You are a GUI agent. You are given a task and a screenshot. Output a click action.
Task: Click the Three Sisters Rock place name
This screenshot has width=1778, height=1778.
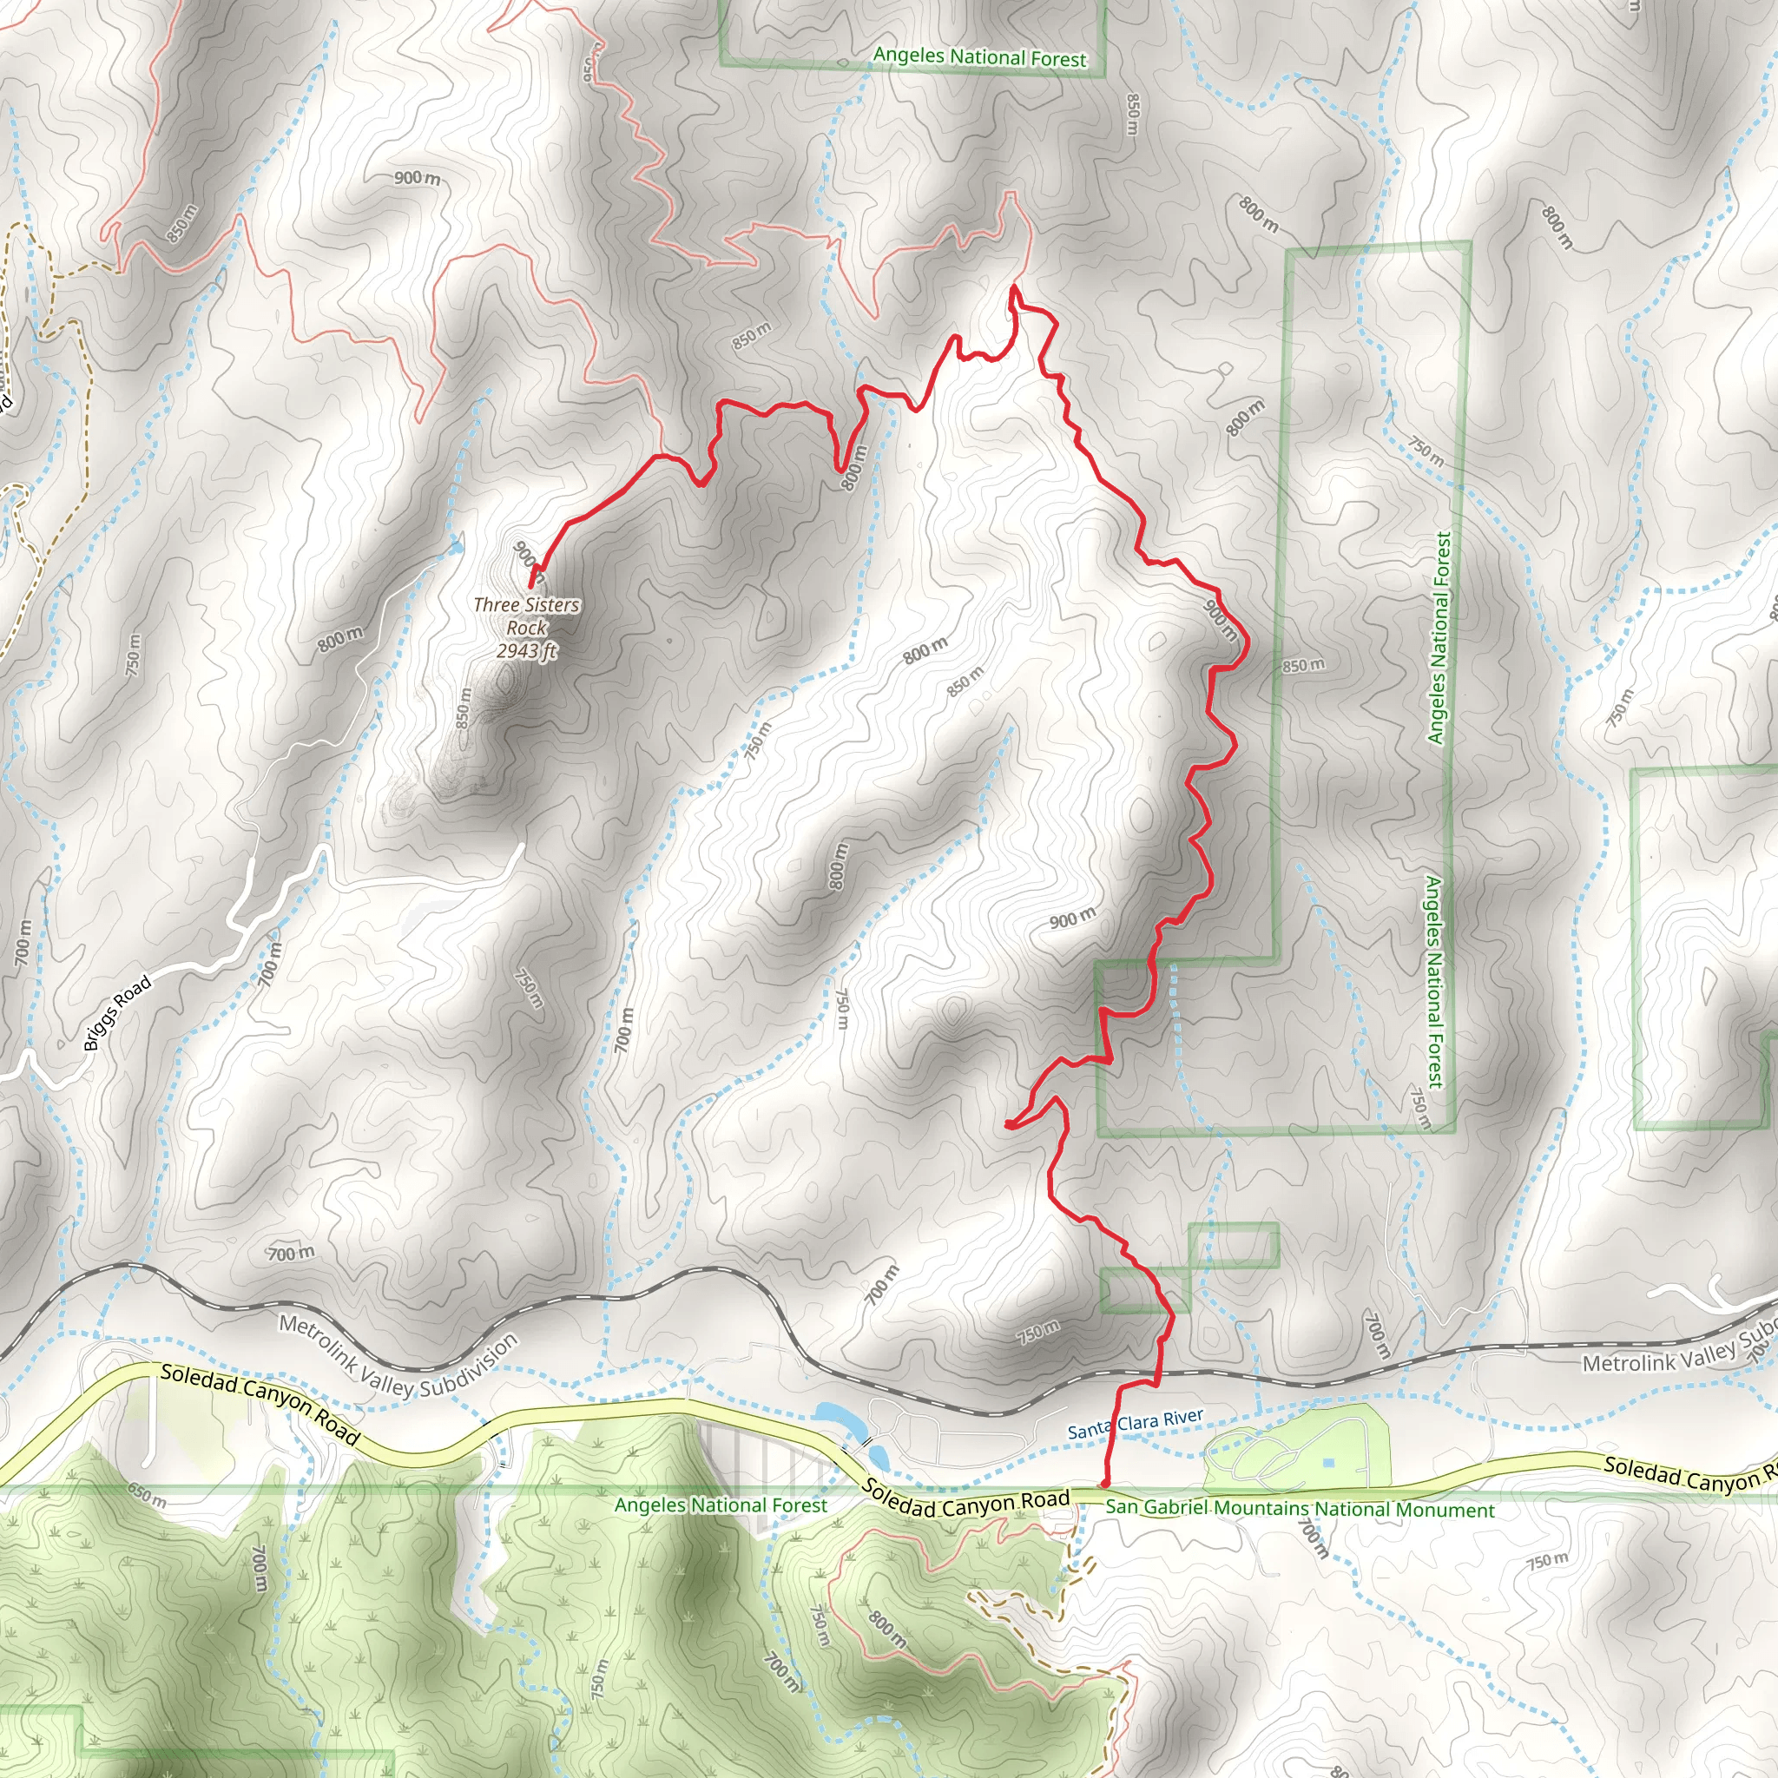tap(526, 616)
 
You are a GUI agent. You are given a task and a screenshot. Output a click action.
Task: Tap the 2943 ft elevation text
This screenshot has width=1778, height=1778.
tap(526, 650)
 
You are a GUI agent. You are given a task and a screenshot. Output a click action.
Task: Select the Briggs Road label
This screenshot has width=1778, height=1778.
tap(117, 1014)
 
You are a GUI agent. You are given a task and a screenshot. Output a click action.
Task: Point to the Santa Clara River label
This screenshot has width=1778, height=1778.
tap(1135, 1424)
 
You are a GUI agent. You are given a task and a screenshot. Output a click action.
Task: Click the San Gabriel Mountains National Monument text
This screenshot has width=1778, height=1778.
tap(1300, 1509)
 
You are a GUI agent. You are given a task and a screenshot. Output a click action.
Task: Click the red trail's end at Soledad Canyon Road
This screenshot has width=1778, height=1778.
tap(1103, 1485)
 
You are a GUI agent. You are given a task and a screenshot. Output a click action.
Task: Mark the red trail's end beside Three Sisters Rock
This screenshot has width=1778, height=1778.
tap(531, 583)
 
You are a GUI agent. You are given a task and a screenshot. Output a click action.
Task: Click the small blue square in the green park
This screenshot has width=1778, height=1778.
tap(1328, 1463)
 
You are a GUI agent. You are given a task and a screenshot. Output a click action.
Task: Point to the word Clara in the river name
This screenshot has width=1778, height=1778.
tap(1137, 1424)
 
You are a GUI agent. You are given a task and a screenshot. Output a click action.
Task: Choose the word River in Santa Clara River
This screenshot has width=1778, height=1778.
tap(1184, 1416)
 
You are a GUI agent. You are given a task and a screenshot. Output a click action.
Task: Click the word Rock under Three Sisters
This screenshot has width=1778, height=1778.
tap(526, 628)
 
